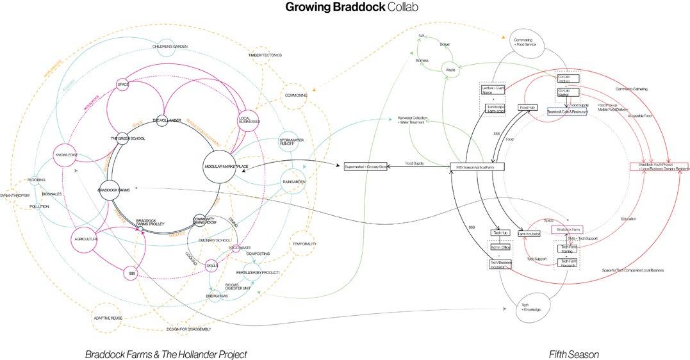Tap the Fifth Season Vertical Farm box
[477, 167]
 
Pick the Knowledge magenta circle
[66, 154]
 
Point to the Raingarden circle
[293, 183]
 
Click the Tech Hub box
[499, 233]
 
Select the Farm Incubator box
[529, 234]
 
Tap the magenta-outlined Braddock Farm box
[568, 229]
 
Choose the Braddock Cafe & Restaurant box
[568, 111]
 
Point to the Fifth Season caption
[573, 354]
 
